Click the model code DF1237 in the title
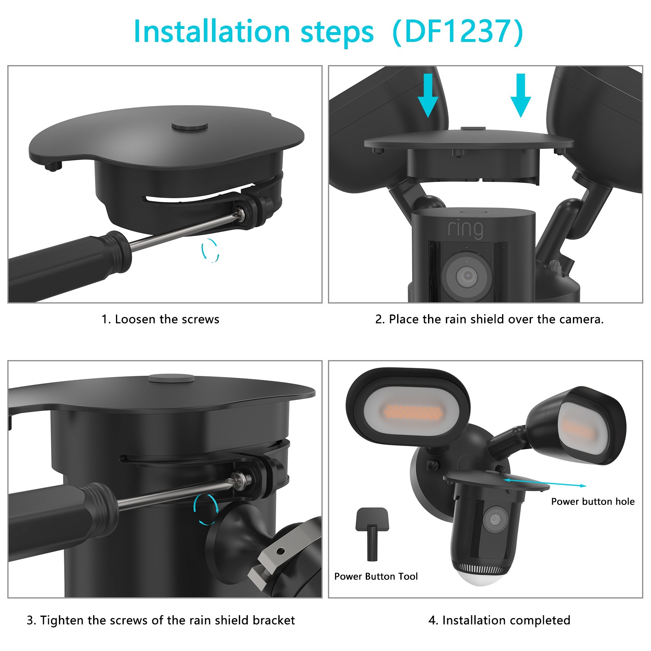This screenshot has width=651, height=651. tap(457, 31)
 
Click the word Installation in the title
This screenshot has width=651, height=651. tap(212, 31)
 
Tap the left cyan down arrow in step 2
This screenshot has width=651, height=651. tap(428, 95)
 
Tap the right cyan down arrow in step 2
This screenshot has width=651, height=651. tap(520, 95)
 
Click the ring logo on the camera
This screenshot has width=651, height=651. tap(465, 229)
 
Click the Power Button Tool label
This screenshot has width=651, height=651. tap(376, 576)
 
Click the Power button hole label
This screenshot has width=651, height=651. tap(593, 501)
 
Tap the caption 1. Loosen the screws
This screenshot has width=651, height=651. tap(160, 319)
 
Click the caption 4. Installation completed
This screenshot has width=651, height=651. tap(499, 620)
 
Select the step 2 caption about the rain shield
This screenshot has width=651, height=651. tap(489, 319)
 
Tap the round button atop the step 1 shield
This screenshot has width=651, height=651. tap(190, 126)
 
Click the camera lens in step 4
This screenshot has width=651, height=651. tap(495, 519)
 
